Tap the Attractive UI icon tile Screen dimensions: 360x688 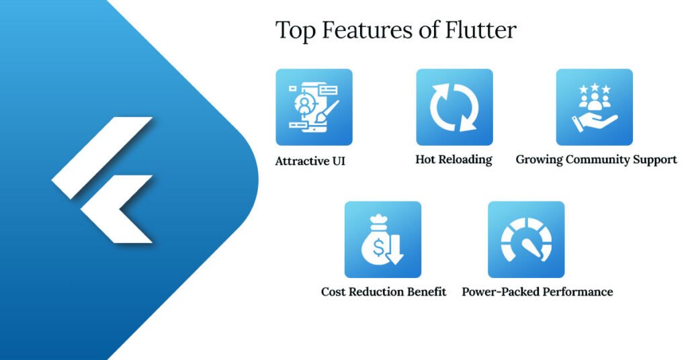314,107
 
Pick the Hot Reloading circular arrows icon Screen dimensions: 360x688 454,107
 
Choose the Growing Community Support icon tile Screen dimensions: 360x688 594,107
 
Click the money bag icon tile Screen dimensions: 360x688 383,240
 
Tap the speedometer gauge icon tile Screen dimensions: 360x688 526,240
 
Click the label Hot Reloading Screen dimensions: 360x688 454,160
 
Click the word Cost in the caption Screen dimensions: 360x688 334,292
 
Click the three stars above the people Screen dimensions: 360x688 595,88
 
